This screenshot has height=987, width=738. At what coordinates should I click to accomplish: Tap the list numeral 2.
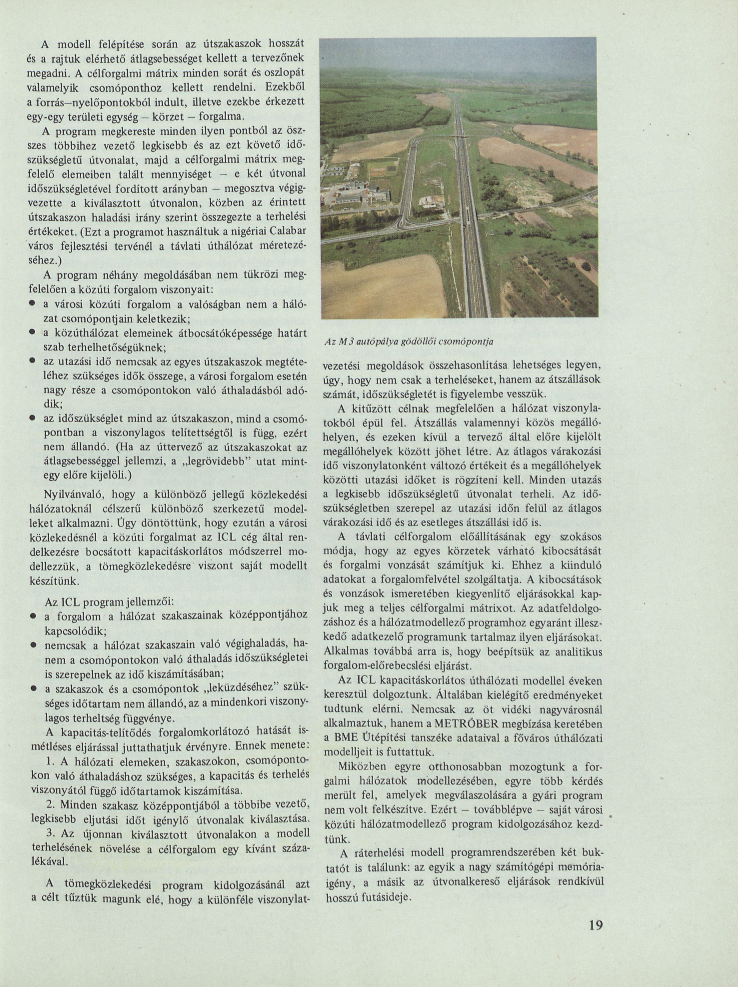point(50,804)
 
